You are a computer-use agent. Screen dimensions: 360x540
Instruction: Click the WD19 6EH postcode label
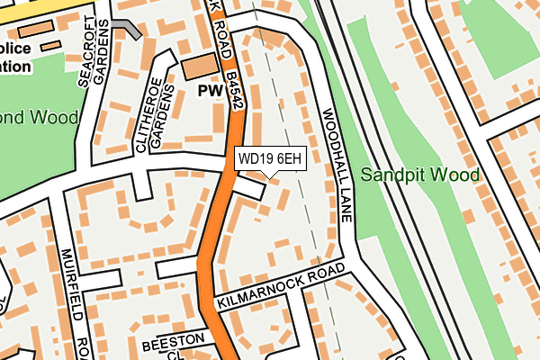[x=270, y=159]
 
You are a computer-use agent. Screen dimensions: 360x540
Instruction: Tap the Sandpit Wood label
[x=419, y=175]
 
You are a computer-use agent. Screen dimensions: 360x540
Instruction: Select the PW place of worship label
[x=211, y=92]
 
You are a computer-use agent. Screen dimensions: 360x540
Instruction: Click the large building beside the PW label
[x=200, y=66]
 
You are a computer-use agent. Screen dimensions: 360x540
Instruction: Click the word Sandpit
[x=391, y=175]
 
